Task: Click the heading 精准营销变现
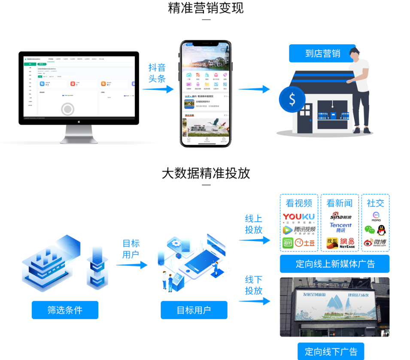(x=206, y=8)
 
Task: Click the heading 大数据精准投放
(x=206, y=173)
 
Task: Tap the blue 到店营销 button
(x=322, y=53)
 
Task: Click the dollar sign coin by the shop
(x=292, y=100)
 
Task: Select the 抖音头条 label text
(x=157, y=73)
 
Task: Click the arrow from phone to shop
(x=254, y=89)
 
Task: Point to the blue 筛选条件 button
(x=65, y=310)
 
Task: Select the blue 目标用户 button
(x=194, y=310)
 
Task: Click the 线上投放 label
(x=254, y=224)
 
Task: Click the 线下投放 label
(x=254, y=285)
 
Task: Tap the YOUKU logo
(x=298, y=217)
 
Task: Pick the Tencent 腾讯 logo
(x=340, y=227)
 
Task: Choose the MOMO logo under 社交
(x=376, y=216)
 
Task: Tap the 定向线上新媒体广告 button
(x=335, y=264)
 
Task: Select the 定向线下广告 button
(x=331, y=351)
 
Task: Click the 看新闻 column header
(x=340, y=203)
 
